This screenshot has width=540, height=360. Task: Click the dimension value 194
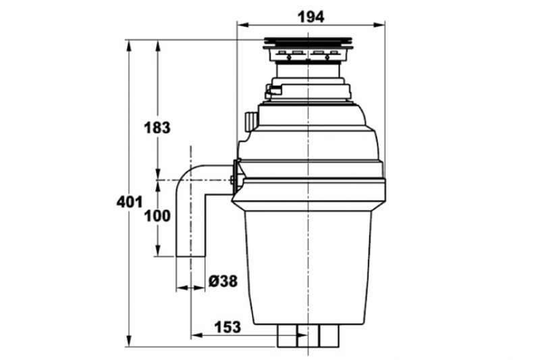310,16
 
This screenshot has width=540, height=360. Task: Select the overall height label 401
129,202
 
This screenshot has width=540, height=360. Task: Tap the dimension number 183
157,128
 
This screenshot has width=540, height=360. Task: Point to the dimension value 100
157,216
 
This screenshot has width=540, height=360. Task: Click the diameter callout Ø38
223,281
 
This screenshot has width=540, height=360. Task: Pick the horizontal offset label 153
227,327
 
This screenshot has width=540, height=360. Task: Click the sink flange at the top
308,43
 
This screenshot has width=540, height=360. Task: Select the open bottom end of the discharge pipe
190,256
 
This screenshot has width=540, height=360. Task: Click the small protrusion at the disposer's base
308,336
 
